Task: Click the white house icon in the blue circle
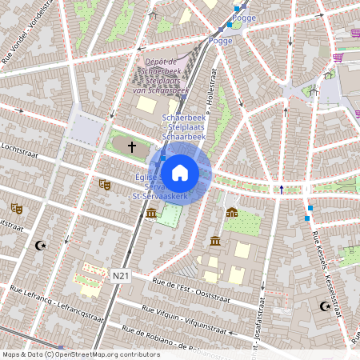180,172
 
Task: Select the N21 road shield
121,276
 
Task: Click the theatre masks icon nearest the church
103,184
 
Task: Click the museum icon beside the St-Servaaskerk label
151,212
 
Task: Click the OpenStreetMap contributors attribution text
80,354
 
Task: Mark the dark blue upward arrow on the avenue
281,189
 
